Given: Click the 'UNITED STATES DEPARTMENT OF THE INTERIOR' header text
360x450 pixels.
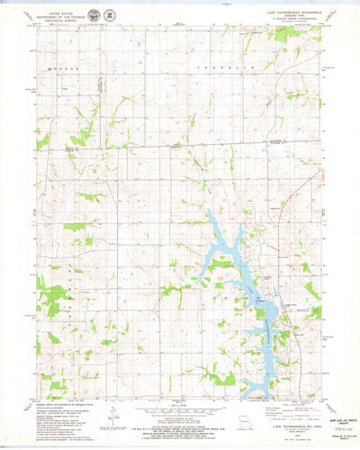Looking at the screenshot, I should point(68,17).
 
